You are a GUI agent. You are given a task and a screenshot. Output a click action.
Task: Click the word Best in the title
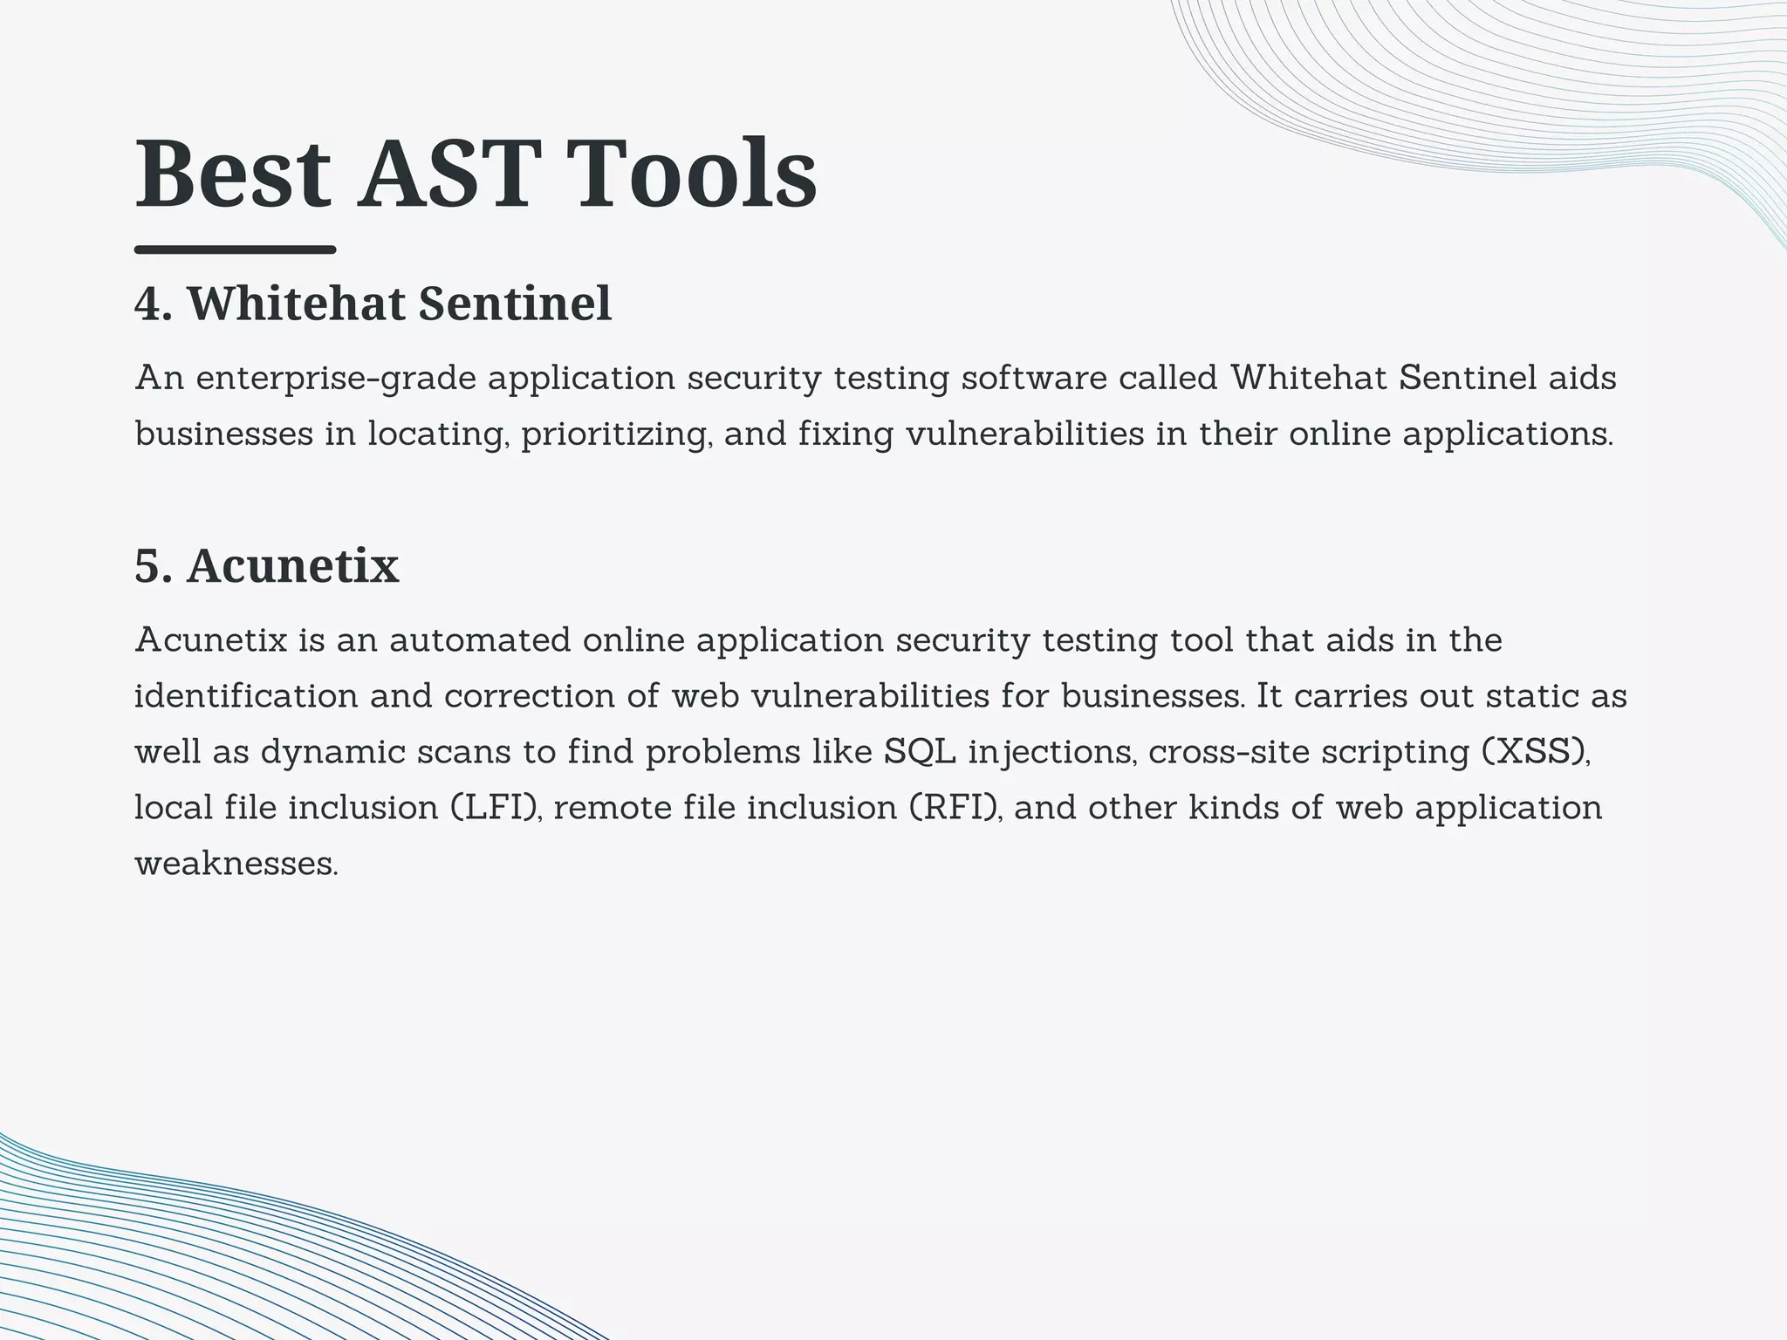tap(233, 174)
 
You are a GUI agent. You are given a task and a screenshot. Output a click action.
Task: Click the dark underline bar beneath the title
tap(235, 250)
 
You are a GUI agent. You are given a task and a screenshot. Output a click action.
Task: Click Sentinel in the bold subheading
tap(515, 304)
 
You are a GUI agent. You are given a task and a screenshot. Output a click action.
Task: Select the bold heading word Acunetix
tap(293, 565)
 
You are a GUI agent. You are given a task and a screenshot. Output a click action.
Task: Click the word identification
tap(246, 697)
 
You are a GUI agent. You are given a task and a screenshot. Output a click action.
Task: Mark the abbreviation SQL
tap(921, 752)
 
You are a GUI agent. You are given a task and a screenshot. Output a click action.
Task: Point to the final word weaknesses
tap(236, 865)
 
